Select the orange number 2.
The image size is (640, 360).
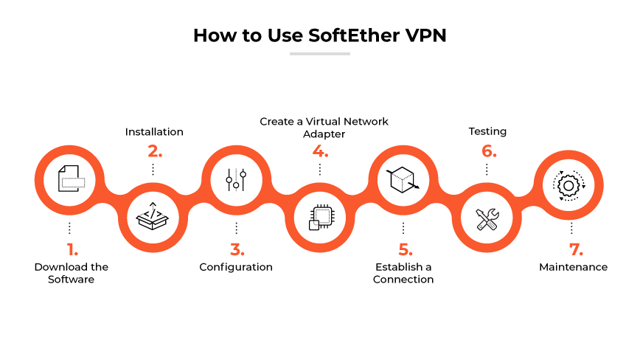point(153,152)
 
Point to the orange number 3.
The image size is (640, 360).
point(237,249)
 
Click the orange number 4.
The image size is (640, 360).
point(320,152)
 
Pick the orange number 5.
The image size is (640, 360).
point(403,249)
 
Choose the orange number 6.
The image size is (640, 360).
point(487,152)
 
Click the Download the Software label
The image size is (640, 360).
point(71,273)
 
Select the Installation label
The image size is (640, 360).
point(154,132)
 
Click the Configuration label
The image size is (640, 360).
point(236,267)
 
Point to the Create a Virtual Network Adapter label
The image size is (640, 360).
point(324,127)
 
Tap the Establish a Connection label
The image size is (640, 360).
point(403,273)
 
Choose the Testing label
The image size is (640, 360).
point(487,131)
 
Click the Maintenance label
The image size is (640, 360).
point(573,267)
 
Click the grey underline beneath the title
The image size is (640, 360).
point(320,54)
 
